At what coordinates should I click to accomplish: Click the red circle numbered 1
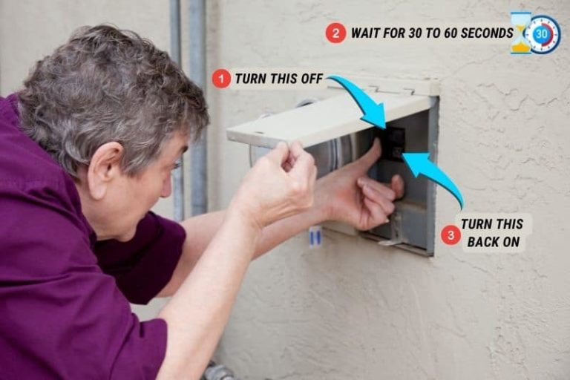coord(221,79)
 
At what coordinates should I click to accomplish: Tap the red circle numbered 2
coord(335,33)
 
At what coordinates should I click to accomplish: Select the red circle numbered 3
coord(451,235)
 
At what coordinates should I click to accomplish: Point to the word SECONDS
coord(487,33)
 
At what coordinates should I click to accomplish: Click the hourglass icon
coord(520,33)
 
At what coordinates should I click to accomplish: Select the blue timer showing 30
coord(542,34)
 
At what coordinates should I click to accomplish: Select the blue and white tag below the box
coord(315,237)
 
